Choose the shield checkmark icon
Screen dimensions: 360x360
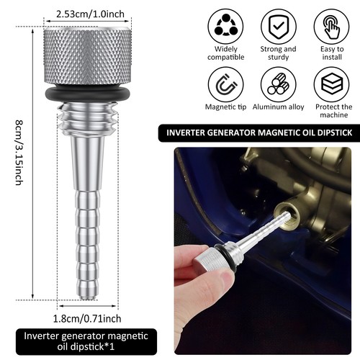point(278,27)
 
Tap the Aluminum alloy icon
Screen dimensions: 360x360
point(278,85)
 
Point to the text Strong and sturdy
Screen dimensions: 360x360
point(278,53)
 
